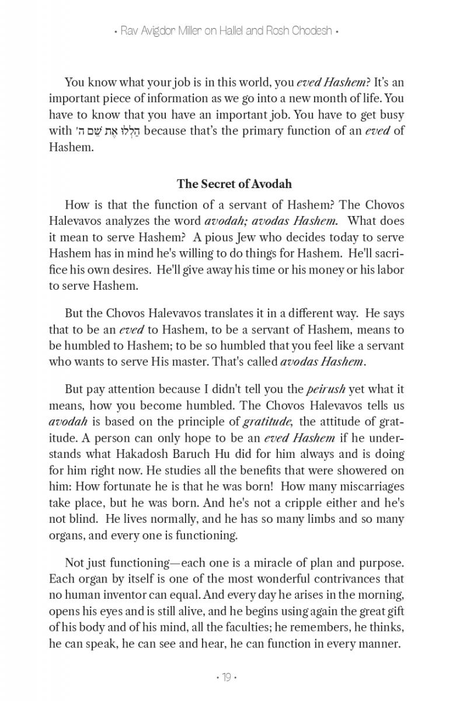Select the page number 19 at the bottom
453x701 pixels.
pyautogui.click(x=226, y=677)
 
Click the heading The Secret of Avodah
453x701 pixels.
pyautogui.click(x=234, y=184)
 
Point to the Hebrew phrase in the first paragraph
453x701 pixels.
pyautogui.click(x=107, y=130)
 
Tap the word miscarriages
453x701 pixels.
pyautogui.click(x=371, y=487)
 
